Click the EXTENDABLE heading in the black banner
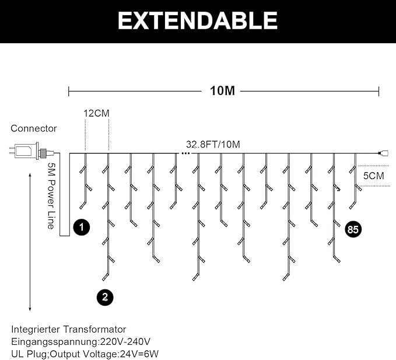pos(198,21)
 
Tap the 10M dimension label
pos(222,91)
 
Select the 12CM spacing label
pos(96,113)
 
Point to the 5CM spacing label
pos(374,176)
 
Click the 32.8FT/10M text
pos(213,144)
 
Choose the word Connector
pos(34,128)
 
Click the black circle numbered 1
pos(82,228)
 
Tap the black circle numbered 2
pos(104,297)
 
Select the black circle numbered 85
pos(353,229)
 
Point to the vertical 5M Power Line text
pos(51,195)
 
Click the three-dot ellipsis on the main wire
pos(185,153)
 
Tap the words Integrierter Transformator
pos(68,330)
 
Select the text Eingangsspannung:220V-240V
pos(81,341)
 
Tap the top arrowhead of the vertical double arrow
pos(30,173)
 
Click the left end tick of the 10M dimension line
pos(69,91)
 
